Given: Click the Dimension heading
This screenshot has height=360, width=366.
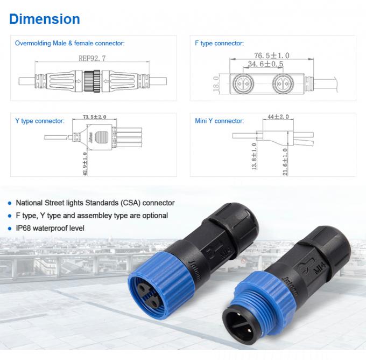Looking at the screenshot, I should (x=45, y=19).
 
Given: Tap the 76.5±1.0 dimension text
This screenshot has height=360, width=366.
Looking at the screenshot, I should (x=272, y=56).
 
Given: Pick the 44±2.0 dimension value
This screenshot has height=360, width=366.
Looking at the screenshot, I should (x=278, y=116).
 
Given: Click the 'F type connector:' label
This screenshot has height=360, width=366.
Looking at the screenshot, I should (x=219, y=43).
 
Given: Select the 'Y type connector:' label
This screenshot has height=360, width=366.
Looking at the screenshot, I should (x=40, y=121).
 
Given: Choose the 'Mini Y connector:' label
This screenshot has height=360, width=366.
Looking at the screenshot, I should (x=219, y=121).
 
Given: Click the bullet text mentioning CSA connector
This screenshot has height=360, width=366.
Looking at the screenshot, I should (x=95, y=203).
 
